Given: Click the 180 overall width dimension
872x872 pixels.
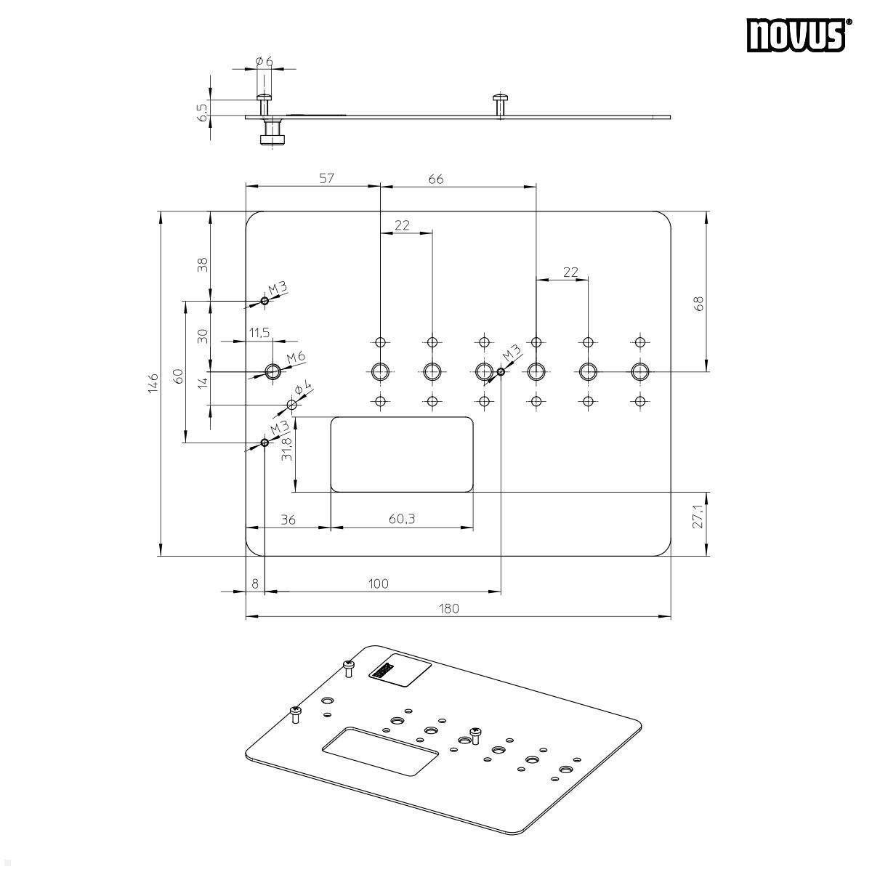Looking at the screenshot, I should (x=450, y=608).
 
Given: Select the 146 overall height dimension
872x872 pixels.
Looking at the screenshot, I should (x=152, y=383).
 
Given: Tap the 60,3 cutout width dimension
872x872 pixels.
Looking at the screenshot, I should (x=402, y=519).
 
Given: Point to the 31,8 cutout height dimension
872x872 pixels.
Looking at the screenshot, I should (x=287, y=449).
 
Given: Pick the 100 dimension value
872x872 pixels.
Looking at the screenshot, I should (x=379, y=583).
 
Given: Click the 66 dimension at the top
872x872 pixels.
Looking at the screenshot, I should (x=436, y=178).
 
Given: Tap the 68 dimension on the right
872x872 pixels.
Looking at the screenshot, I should (x=698, y=304).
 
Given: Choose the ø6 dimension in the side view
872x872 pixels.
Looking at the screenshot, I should (x=265, y=62).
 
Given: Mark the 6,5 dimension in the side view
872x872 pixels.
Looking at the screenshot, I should (x=203, y=110).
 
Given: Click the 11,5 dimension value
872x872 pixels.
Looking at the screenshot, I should (x=259, y=332).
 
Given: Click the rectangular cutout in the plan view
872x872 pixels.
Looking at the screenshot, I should (x=402, y=454).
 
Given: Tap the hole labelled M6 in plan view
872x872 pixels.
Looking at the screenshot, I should (x=272, y=372).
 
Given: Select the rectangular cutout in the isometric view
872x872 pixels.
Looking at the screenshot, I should (x=380, y=752).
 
